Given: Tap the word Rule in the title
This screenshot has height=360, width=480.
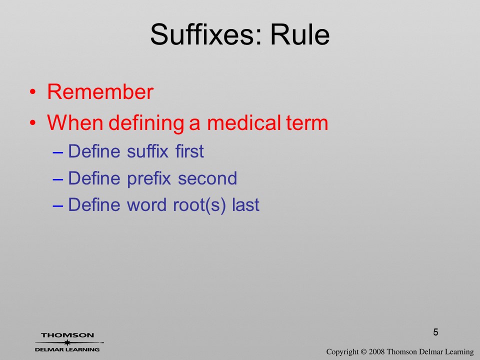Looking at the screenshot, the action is coord(300,34).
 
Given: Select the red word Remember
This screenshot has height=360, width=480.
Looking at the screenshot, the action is coord(100,91).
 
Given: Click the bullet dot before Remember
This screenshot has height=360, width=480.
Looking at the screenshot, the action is coord(33,92).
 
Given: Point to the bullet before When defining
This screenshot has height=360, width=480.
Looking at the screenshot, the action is coord(33,123).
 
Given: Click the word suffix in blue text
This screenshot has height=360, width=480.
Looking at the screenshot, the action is coord(147,151).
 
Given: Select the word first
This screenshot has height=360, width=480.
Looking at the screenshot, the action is coord(189,151).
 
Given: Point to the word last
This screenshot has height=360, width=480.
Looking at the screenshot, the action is coord(246,204).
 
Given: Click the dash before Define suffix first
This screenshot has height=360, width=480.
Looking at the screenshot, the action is coord(58,152).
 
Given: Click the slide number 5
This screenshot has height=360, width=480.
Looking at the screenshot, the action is coord(435,332).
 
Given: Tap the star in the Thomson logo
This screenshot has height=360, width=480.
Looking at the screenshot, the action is coord(67,342).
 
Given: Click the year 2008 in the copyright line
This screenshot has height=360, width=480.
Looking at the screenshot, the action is coord(376,351).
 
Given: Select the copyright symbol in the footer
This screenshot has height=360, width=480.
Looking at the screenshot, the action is coord(363,351).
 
